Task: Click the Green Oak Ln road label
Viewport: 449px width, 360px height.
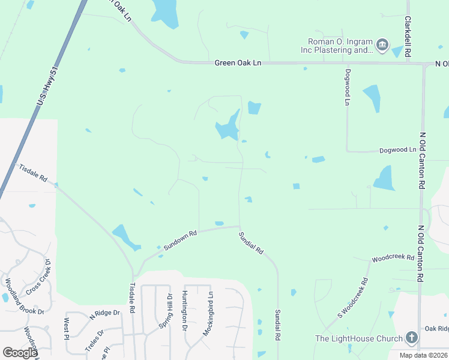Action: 238,62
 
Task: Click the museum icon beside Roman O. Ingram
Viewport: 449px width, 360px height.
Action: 382,45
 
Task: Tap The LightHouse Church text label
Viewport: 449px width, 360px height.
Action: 359,339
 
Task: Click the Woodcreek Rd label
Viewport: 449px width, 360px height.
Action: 393,258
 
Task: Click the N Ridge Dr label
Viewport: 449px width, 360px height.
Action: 105,313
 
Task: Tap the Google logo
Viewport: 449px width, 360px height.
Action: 20,352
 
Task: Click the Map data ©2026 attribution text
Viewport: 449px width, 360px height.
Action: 423,355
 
